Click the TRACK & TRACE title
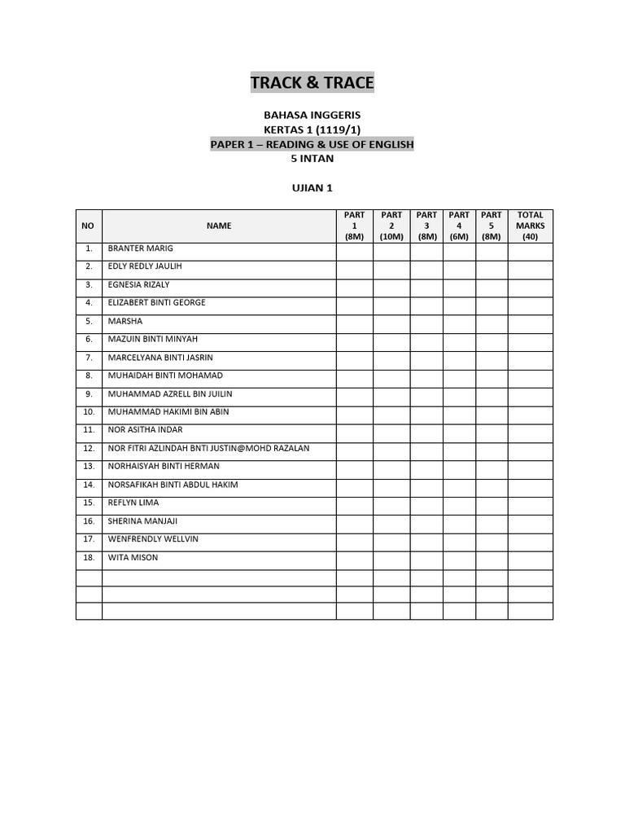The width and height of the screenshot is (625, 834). (312, 82)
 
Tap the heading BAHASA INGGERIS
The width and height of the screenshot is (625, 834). (312, 116)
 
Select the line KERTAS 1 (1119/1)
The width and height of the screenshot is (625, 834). (312, 130)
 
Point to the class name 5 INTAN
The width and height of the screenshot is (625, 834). (312, 158)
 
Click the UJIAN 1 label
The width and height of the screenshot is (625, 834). (312, 188)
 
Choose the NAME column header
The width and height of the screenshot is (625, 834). (219, 226)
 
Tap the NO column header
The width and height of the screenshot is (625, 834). (89, 226)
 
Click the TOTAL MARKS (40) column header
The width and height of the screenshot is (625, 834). (530, 226)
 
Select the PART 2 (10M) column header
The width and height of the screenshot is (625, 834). (391, 226)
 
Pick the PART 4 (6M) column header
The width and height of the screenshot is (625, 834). (459, 226)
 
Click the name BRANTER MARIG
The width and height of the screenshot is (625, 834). (140, 248)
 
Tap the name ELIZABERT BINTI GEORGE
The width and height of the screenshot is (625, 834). (156, 302)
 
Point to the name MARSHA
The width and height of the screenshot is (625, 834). (125, 321)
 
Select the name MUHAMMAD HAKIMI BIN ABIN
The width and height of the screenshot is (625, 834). (168, 411)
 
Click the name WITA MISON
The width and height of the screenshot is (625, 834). (133, 557)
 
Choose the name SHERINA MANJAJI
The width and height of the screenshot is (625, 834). (142, 521)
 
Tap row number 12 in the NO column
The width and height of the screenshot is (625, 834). (89, 448)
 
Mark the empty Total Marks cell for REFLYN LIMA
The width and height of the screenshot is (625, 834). (530, 503)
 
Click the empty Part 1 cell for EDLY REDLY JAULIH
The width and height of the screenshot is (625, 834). (355, 267)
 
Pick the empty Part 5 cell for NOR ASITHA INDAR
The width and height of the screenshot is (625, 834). (492, 430)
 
